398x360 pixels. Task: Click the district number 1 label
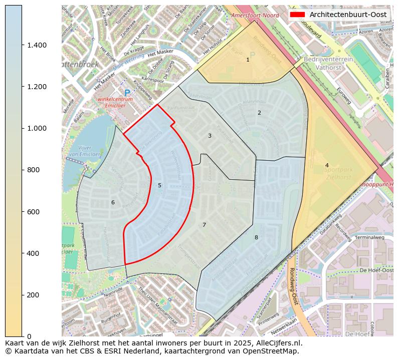pyautogui.click(x=248, y=60)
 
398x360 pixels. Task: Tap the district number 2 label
pyautogui.click(x=259, y=113)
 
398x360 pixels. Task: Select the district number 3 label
pyautogui.click(x=210, y=136)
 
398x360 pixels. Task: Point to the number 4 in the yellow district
pyautogui.click(x=327, y=165)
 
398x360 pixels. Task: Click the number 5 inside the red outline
pyautogui.click(x=159, y=185)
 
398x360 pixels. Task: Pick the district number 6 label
pyautogui.click(x=113, y=202)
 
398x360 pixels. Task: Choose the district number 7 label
pyautogui.click(x=204, y=225)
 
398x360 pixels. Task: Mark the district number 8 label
pyautogui.click(x=256, y=237)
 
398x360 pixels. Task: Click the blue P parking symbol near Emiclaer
pyautogui.click(x=127, y=93)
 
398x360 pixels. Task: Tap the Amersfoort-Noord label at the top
pyautogui.click(x=255, y=16)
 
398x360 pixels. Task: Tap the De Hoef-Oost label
pyautogui.click(x=376, y=270)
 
